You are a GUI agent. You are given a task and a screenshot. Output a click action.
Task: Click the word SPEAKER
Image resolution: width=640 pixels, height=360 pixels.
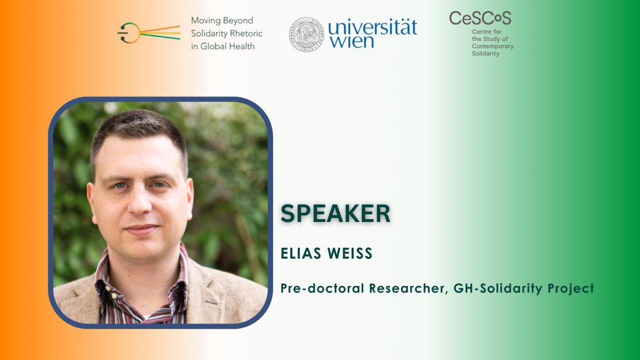(335, 213)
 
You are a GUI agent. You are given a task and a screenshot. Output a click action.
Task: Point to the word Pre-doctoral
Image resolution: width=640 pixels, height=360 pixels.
(322, 288)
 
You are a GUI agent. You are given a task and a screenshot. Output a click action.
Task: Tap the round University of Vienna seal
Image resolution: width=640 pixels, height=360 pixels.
(306, 34)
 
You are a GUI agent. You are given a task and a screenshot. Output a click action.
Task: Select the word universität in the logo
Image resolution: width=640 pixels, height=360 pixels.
(373, 28)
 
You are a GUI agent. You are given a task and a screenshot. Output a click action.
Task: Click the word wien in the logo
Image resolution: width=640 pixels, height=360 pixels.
(352, 42)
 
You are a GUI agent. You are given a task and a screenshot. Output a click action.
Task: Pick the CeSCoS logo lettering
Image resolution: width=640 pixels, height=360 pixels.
(480, 18)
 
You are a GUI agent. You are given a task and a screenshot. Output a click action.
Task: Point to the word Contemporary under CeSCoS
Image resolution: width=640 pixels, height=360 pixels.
(493, 46)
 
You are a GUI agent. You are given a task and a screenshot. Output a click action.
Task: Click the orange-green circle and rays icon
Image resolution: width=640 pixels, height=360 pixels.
(149, 33)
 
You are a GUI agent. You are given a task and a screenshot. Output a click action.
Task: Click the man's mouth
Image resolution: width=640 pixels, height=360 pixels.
(142, 230)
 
